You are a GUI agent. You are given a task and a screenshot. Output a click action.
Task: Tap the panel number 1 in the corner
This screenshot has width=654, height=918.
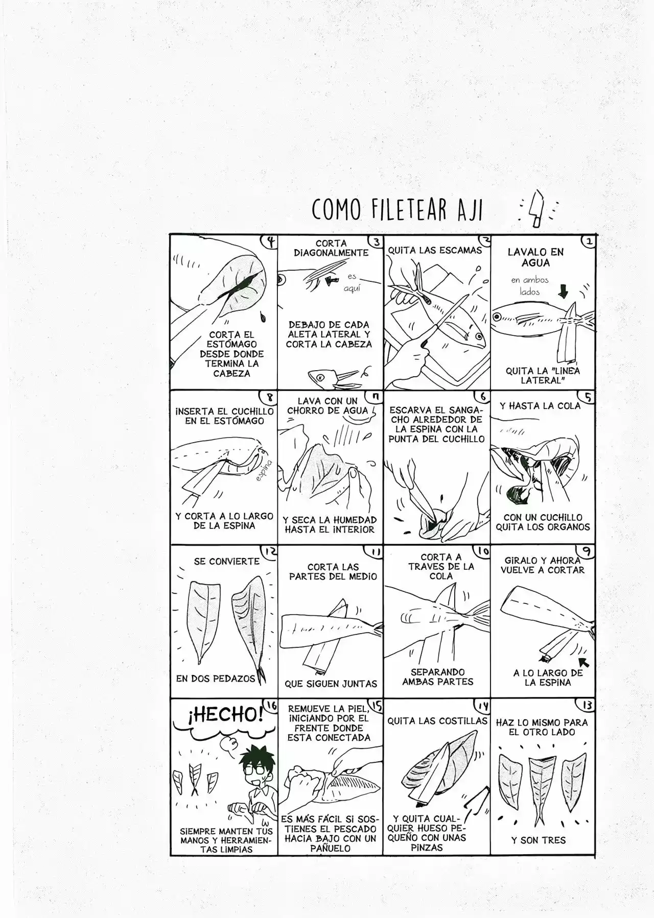589,241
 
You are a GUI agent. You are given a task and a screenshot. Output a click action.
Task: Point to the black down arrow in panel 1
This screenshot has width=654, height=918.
563,291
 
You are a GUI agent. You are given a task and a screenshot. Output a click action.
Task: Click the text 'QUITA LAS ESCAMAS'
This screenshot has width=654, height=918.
435,250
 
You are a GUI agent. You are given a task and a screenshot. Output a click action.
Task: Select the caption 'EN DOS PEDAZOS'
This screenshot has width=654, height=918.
215,679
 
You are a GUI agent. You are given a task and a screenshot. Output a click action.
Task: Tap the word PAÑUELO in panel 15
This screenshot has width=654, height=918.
330,848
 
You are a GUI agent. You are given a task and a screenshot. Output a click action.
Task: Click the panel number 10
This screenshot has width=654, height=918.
482,551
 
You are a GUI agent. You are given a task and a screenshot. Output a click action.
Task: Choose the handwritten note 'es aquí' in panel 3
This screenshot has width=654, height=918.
352,283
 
